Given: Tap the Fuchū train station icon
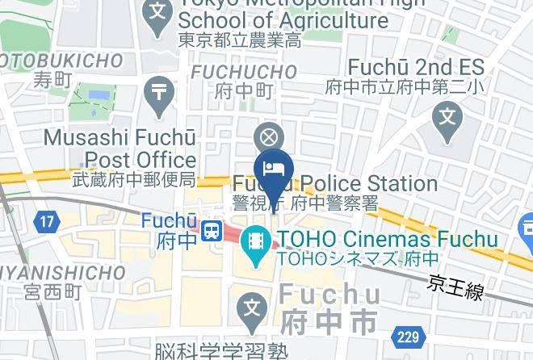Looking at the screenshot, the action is pos(212,231).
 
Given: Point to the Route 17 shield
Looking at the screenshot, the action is pos(47,220).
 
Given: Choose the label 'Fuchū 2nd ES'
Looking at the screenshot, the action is pos(416,67).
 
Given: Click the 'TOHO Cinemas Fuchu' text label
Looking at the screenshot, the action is pos(387,240).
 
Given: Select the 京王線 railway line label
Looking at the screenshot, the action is pos(456,286).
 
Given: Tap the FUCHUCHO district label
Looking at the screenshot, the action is pos(244,73).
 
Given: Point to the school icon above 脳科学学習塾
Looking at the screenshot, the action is pos(254,308).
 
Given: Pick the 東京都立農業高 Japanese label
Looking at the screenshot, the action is pos(240,40).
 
